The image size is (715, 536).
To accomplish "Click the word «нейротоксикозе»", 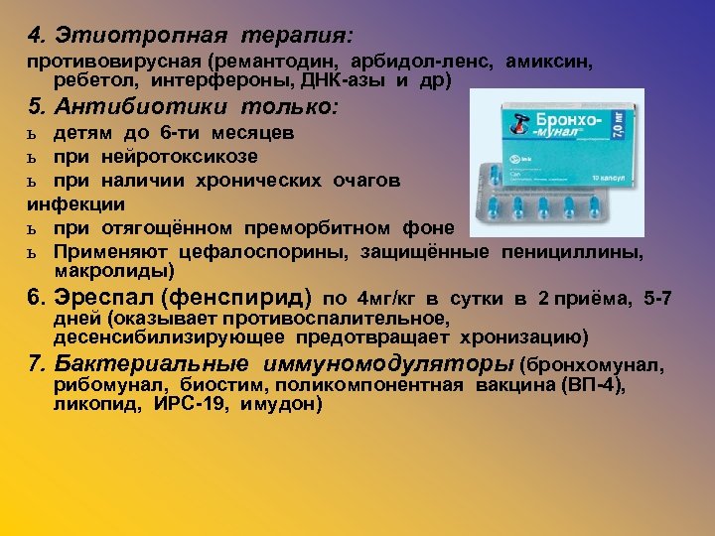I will click(x=188, y=156).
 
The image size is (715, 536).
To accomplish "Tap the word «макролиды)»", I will click(x=113, y=270).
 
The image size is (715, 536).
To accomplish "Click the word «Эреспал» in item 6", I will click(x=97, y=296).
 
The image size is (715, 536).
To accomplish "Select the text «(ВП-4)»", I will click(x=594, y=386).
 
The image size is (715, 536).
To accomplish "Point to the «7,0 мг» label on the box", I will click(x=619, y=131).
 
